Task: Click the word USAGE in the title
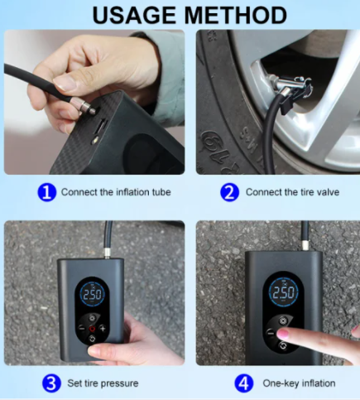pos(134,15)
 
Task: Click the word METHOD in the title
pos(236,15)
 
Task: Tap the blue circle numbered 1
pos(47,192)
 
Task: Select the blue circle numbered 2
pos(229,192)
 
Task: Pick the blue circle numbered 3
pos(51,383)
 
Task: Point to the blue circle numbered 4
pos(243,383)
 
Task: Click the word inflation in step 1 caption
pos(132,192)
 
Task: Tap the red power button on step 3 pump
pos(92,329)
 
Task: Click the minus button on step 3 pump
pos(82,328)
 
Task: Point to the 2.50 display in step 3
pos(92,295)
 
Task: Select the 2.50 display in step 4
pos(284,292)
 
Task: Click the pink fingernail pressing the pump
pos(282,334)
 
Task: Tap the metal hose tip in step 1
pos(83,106)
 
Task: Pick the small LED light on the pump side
pos(95,141)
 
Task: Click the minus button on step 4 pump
pos(271,333)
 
